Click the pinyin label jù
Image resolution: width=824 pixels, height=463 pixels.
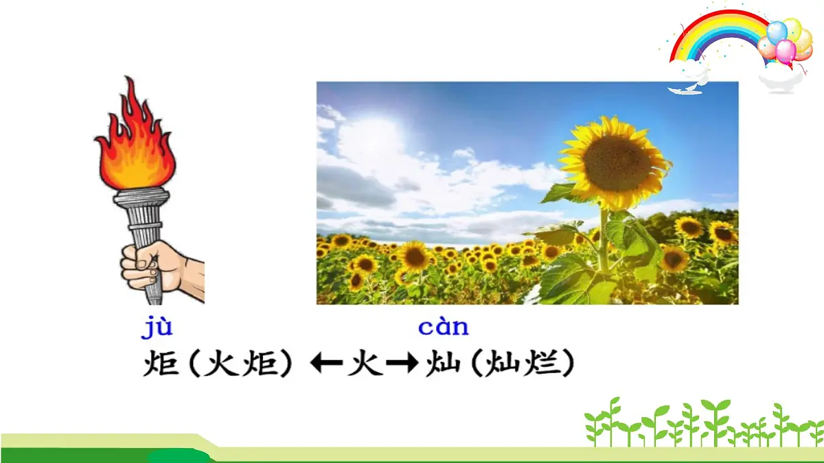(x=157, y=328)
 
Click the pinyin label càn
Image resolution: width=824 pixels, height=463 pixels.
(x=443, y=328)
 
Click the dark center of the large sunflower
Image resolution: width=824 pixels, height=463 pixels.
(x=616, y=163)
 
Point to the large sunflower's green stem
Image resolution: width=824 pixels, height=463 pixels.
(x=604, y=240)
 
